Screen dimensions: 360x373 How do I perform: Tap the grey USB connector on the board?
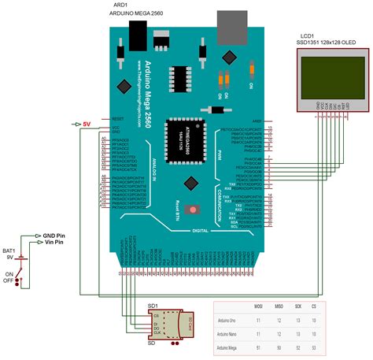pos(230,28)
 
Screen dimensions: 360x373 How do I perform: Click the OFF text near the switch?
pos(9,280)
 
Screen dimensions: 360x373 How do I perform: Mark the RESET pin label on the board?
pos(119,118)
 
